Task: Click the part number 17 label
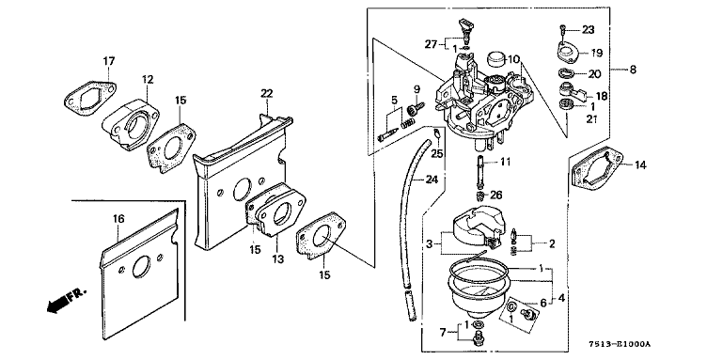click(109, 61)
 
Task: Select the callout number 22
click(266, 93)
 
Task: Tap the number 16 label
click(118, 219)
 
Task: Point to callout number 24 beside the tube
click(432, 180)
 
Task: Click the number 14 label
click(640, 165)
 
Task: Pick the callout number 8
click(633, 70)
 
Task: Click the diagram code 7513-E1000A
click(620, 344)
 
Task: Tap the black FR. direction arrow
click(55, 305)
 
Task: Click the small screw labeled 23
click(563, 30)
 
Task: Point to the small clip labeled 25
click(437, 133)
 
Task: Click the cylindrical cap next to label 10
click(497, 59)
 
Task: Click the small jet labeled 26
click(482, 196)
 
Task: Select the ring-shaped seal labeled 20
click(564, 73)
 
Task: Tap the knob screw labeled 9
click(414, 109)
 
